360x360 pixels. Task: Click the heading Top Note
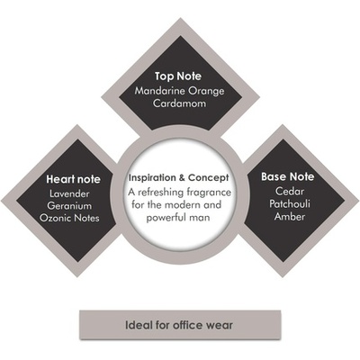click(x=178, y=76)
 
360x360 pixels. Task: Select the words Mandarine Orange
click(x=179, y=91)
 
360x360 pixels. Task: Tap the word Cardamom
click(x=179, y=103)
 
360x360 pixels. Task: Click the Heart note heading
click(x=73, y=179)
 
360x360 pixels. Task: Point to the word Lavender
click(x=69, y=193)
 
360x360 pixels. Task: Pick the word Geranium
click(x=69, y=206)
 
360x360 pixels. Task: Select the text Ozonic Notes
click(x=69, y=218)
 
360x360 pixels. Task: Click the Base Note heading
click(x=287, y=176)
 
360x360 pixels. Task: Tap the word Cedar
click(x=290, y=191)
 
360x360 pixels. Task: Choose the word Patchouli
click(x=290, y=203)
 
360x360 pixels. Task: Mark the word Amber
click(x=290, y=216)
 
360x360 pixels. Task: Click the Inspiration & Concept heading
click(x=179, y=178)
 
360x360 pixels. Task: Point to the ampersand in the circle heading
click(x=182, y=178)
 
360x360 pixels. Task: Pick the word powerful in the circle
click(x=165, y=218)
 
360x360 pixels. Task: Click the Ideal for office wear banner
click(x=180, y=325)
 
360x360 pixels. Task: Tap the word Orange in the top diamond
click(x=205, y=91)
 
